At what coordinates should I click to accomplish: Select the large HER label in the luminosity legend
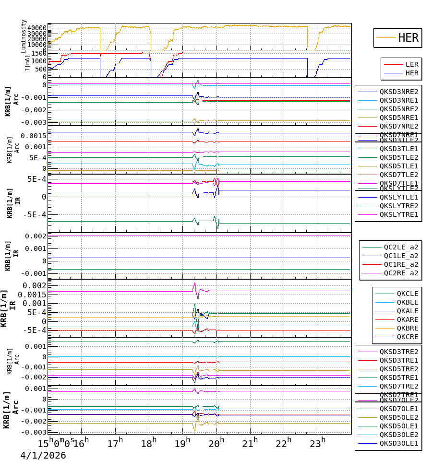(408, 38)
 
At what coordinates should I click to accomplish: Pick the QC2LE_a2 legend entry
(401, 248)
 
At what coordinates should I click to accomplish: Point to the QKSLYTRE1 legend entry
(399, 214)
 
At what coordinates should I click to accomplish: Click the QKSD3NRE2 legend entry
(399, 92)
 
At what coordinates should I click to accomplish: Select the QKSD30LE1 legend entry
(399, 443)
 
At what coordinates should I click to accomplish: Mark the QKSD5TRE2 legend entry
(399, 369)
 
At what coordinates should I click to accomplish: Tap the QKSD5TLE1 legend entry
(399, 166)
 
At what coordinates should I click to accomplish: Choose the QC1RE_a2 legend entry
(401, 264)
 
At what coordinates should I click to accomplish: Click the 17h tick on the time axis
(115, 444)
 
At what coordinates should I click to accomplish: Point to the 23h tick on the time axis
(317, 444)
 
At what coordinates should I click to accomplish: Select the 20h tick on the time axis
(216, 444)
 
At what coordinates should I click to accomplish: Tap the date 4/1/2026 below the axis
(43, 456)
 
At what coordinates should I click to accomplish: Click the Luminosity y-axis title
(24, 36)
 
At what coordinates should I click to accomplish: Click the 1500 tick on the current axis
(38, 53)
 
